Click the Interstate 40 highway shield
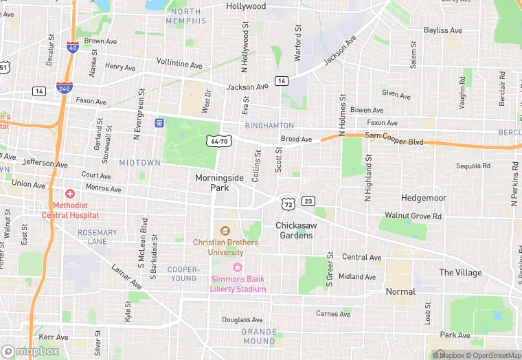(72, 47)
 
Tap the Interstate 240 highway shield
(65, 88)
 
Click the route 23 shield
(308, 201)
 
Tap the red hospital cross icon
(68, 195)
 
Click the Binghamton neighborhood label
(269, 126)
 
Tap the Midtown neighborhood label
(139, 163)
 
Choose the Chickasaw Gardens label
(295, 230)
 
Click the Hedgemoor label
(424, 198)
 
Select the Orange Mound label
(259, 337)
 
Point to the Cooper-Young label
(183, 273)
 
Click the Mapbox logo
(31, 351)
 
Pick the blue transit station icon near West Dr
(159, 122)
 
